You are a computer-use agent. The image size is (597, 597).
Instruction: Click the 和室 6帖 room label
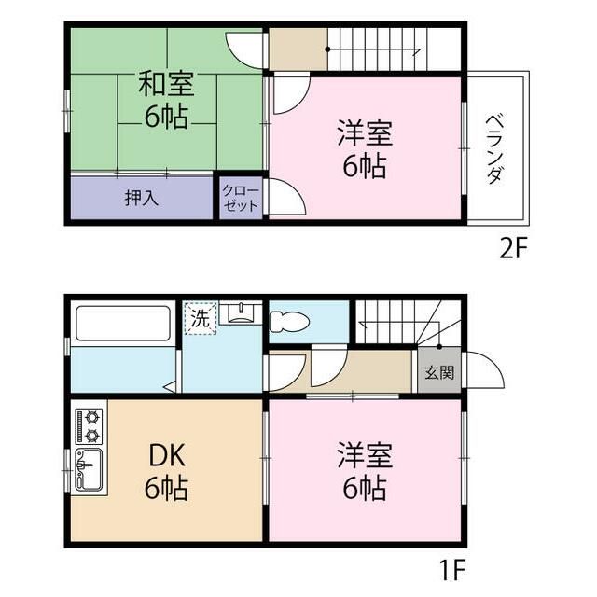click(x=166, y=101)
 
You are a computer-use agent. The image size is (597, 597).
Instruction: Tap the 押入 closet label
click(x=142, y=198)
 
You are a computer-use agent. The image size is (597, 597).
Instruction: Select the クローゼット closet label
click(x=241, y=199)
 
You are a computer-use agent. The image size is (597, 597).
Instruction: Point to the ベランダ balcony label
click(x=496, y=147)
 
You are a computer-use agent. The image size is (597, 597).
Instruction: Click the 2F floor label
click(x=514, y=250)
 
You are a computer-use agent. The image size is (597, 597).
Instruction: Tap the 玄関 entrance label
click(x=439, y=373)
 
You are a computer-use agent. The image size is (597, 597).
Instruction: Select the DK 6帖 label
click(x=166, y=472)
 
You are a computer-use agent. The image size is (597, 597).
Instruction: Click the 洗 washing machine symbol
click(x=200, y=317)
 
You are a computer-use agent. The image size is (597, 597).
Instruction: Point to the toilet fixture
click(x=289, y=322)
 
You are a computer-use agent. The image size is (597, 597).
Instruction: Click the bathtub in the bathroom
click(x=123, y=324)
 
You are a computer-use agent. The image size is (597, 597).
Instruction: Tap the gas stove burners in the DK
click(x=90, y=425)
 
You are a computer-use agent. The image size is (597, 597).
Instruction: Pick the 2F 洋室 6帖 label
click(x=364, y=149)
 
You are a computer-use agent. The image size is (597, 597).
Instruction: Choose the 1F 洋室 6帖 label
click(x=364, y=472)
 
